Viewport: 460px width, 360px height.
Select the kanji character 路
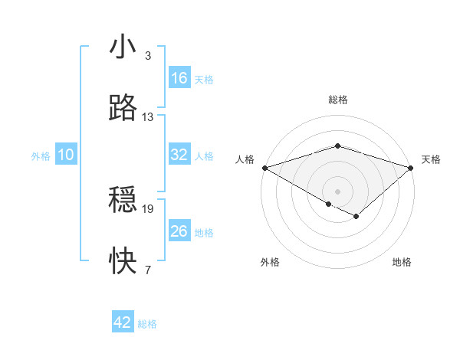pos(123,110)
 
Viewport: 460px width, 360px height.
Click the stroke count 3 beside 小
pos(147,56)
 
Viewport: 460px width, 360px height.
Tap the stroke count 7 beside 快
pos(147,270)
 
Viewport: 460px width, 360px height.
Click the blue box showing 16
pos(179,78)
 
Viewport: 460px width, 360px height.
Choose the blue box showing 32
pos(179,155)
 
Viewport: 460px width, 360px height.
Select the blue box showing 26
pos(179,231)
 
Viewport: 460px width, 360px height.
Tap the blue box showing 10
pos(66,155)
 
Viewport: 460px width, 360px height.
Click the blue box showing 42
pos(123,322)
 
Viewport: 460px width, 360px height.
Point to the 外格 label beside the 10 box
pos(41,155)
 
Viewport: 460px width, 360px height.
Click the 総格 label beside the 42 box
pos(147,324)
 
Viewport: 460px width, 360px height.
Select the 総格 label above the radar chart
pos(337,100)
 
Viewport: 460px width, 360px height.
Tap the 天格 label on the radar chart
pos(431,159)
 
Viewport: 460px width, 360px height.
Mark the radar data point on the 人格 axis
pos(264,168)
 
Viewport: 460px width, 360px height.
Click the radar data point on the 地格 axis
pos(356,217)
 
